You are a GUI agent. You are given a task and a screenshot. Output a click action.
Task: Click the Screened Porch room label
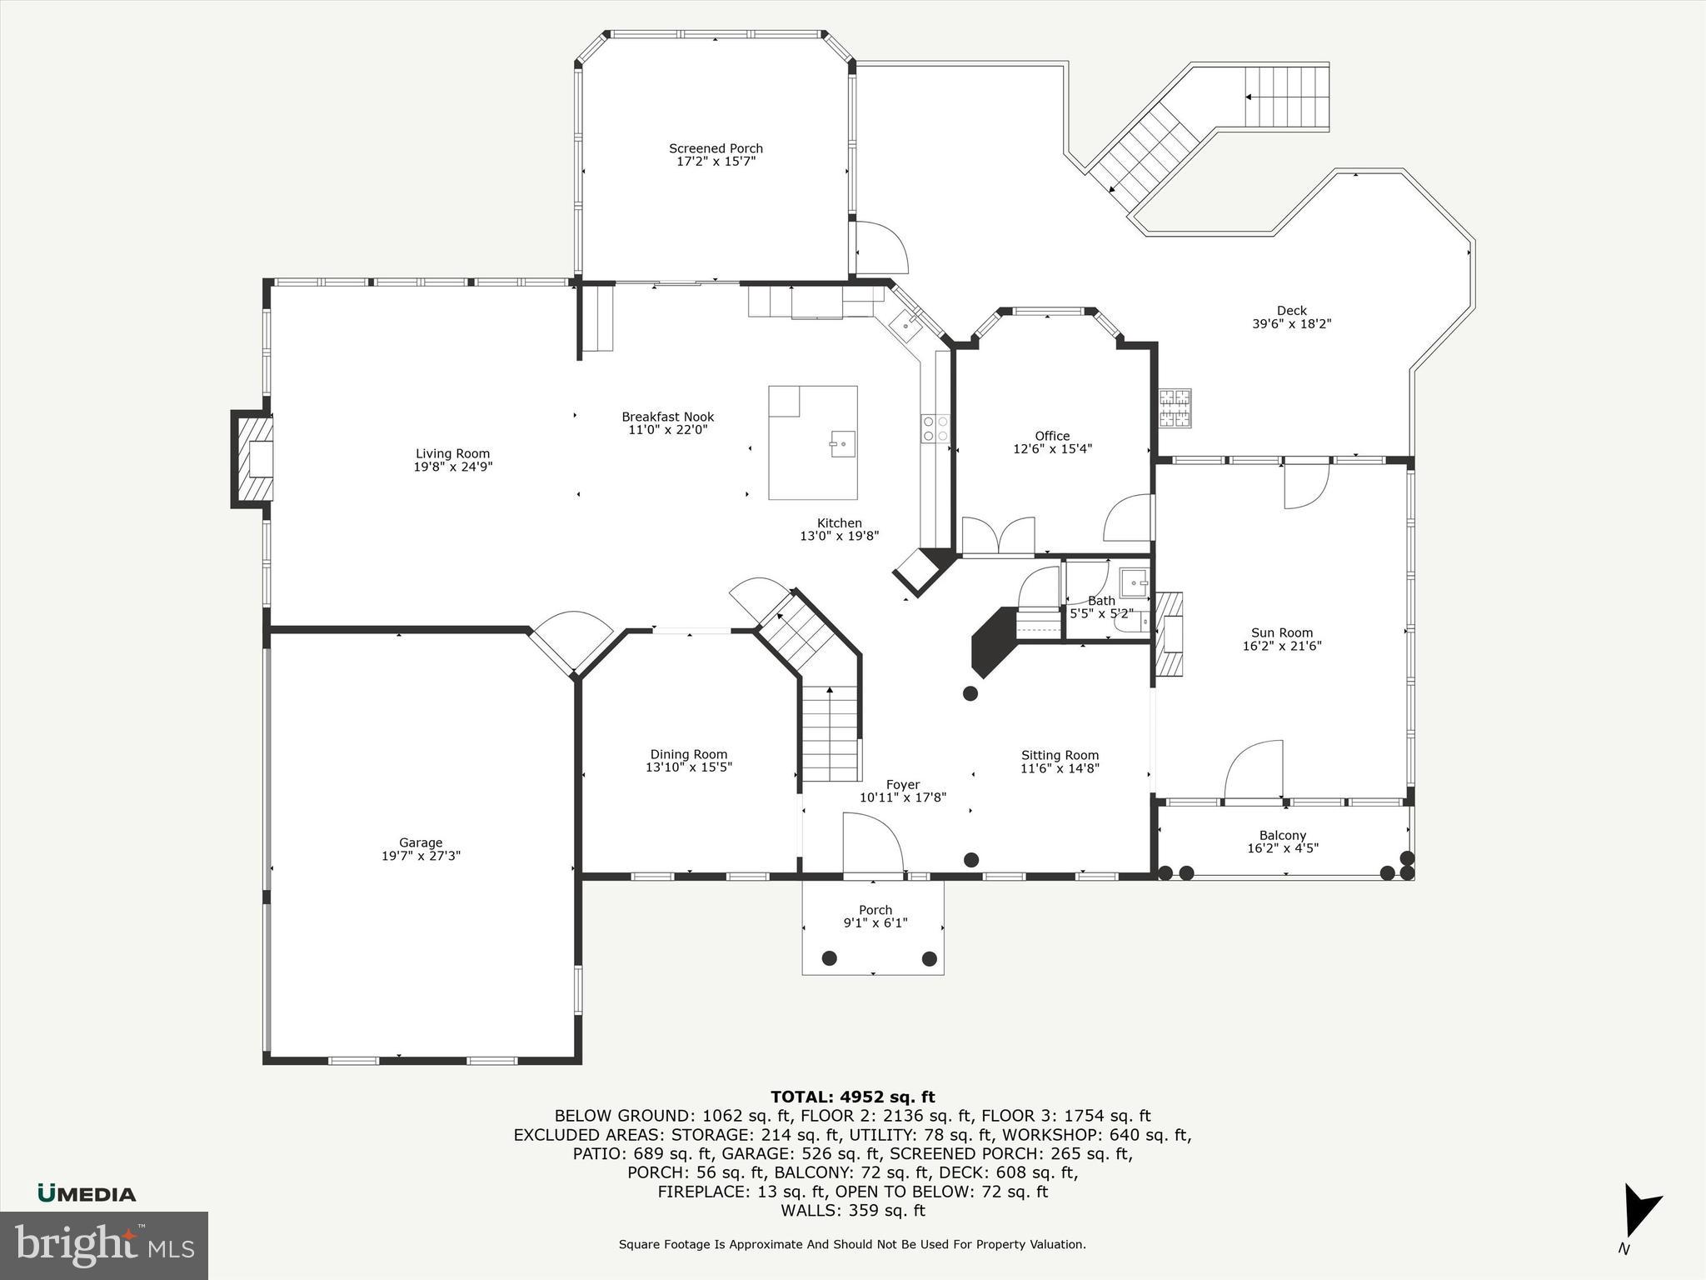(716, 148)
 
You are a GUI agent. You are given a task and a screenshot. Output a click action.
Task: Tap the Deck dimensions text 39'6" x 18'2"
(1291, 324)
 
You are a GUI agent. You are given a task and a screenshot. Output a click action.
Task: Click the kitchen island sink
(841, 442)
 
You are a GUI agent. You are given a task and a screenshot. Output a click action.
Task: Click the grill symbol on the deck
(1175, 408)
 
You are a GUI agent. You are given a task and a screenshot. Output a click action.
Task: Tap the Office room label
(1052, 436)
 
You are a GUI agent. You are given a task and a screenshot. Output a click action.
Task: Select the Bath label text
(1101, 601)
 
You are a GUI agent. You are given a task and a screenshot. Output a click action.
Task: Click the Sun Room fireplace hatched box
(1168, 633)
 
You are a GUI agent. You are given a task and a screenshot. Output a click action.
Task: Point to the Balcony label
(1282, 835)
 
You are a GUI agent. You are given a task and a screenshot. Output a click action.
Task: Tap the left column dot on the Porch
(829, 958)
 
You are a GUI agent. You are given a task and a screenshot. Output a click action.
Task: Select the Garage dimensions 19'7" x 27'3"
(421, 856)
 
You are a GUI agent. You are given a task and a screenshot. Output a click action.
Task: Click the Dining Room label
(688, 754)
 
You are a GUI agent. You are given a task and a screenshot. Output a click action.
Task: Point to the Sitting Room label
(1060, 755)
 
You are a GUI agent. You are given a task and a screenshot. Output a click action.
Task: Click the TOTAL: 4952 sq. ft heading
(852, 1097)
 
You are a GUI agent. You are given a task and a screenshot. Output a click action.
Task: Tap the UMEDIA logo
(87, 1194)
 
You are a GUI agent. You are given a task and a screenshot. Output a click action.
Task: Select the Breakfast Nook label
(667, 417)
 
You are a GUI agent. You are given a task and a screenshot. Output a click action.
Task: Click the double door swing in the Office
(998, 535)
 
